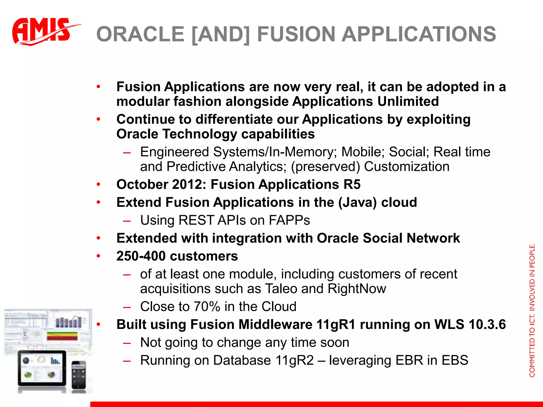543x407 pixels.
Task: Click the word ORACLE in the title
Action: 140,34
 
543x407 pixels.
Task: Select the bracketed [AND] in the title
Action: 221,34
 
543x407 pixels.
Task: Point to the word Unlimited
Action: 408,101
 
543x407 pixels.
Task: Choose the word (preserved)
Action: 325,167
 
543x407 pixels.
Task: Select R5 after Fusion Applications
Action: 352,184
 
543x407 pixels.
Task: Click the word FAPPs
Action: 289,220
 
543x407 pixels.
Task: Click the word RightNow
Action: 357,289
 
